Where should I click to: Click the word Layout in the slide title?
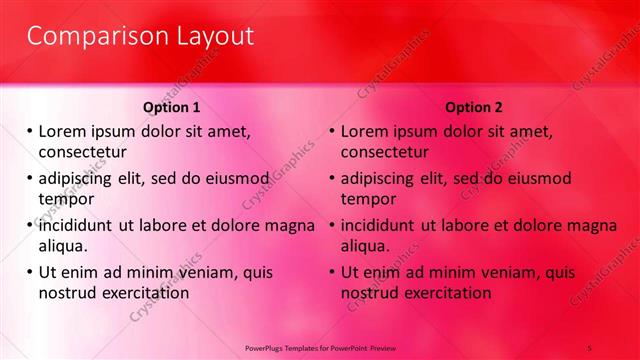(207, 37)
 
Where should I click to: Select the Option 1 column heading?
(171, 107)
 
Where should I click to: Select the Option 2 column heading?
(474, 107)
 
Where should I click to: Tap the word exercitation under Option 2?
(444, 293)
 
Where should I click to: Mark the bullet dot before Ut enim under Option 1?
(30, 272)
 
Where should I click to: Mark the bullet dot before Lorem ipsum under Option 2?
(333, 131)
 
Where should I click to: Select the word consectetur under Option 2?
(385, 152)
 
